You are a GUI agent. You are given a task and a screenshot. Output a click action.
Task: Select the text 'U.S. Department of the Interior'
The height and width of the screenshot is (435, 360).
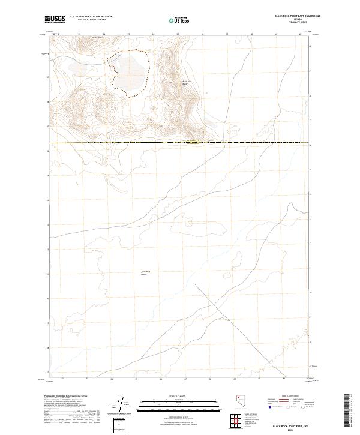(91, 16)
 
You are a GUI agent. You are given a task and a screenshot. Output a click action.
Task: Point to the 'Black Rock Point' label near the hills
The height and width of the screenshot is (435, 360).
(187, 82)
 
